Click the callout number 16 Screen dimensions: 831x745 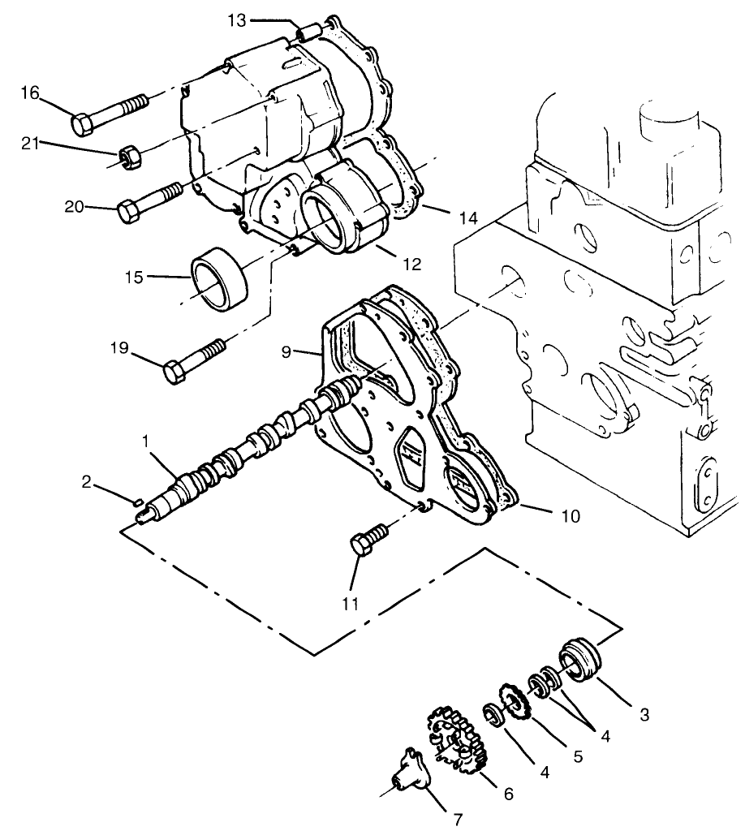[29, 94]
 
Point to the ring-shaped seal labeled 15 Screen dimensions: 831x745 [217, 278]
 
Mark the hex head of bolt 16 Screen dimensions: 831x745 [84, 124]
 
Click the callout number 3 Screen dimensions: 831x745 [643, 716]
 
